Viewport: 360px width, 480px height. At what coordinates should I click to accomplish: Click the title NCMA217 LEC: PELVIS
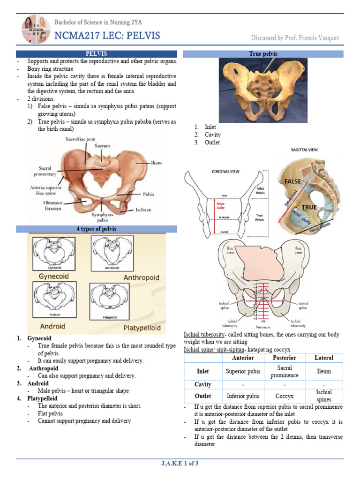coord(107,36)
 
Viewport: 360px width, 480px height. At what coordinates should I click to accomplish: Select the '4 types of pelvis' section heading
coord(97,229)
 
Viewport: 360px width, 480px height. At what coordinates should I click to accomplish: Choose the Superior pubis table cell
coord(243,371)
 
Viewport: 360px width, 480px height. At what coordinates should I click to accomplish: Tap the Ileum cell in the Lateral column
coord(323,371)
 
